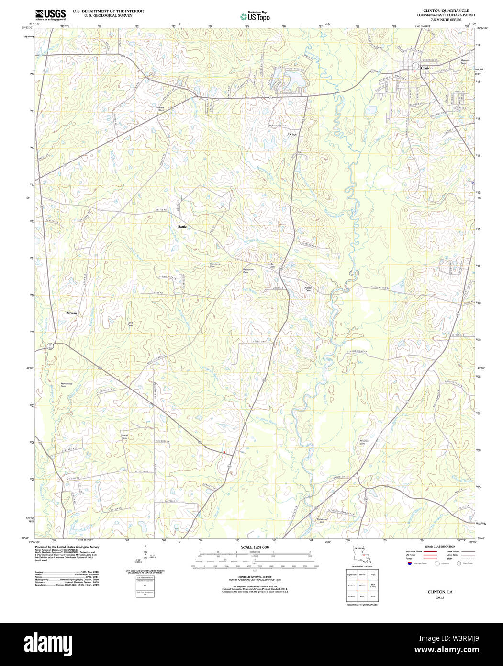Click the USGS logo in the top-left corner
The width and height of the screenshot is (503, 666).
(x=50, y=15)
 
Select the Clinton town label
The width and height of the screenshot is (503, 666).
(x=426, y=68)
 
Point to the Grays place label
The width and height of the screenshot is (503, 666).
(x=292, y=134)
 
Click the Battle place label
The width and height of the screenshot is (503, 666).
(x=182, y=226)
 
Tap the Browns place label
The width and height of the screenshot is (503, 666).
(x=71, y=313)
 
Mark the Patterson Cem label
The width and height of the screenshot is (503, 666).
(x=322, y=520)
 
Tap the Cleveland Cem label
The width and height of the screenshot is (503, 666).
(x=215, y=265)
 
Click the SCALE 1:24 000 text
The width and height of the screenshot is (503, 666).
(x=255, y=547)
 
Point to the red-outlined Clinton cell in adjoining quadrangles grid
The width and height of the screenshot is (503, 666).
(x=362, y=586)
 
